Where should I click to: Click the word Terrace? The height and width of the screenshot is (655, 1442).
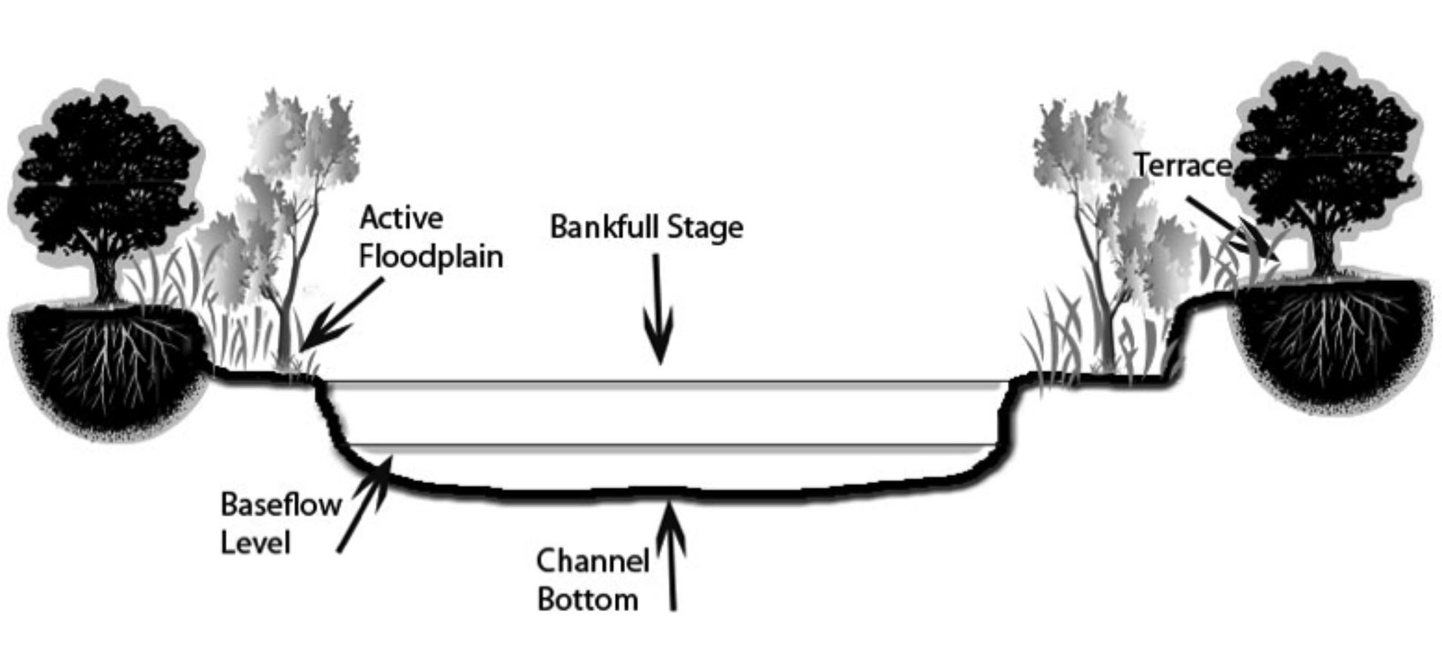pyautogui.click(x=1183, y=165)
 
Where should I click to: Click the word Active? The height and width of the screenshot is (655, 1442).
pyautogui.click(x=401, y=217)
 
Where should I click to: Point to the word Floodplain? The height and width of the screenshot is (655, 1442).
pyautogui.click(x=431, y=257)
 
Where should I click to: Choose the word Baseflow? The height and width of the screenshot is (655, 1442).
pyautogui.click(x=281, y=504)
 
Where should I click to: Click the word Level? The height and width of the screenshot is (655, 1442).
pyautogui.click(x=255, y=543)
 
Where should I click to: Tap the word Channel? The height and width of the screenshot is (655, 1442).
pyautogui.click(x=592, y=561)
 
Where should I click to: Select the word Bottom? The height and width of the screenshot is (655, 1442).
pyautogui.click(x=587, y=599)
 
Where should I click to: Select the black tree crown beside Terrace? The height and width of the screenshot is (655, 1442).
pyautogui.click(x=1327, y=148)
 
